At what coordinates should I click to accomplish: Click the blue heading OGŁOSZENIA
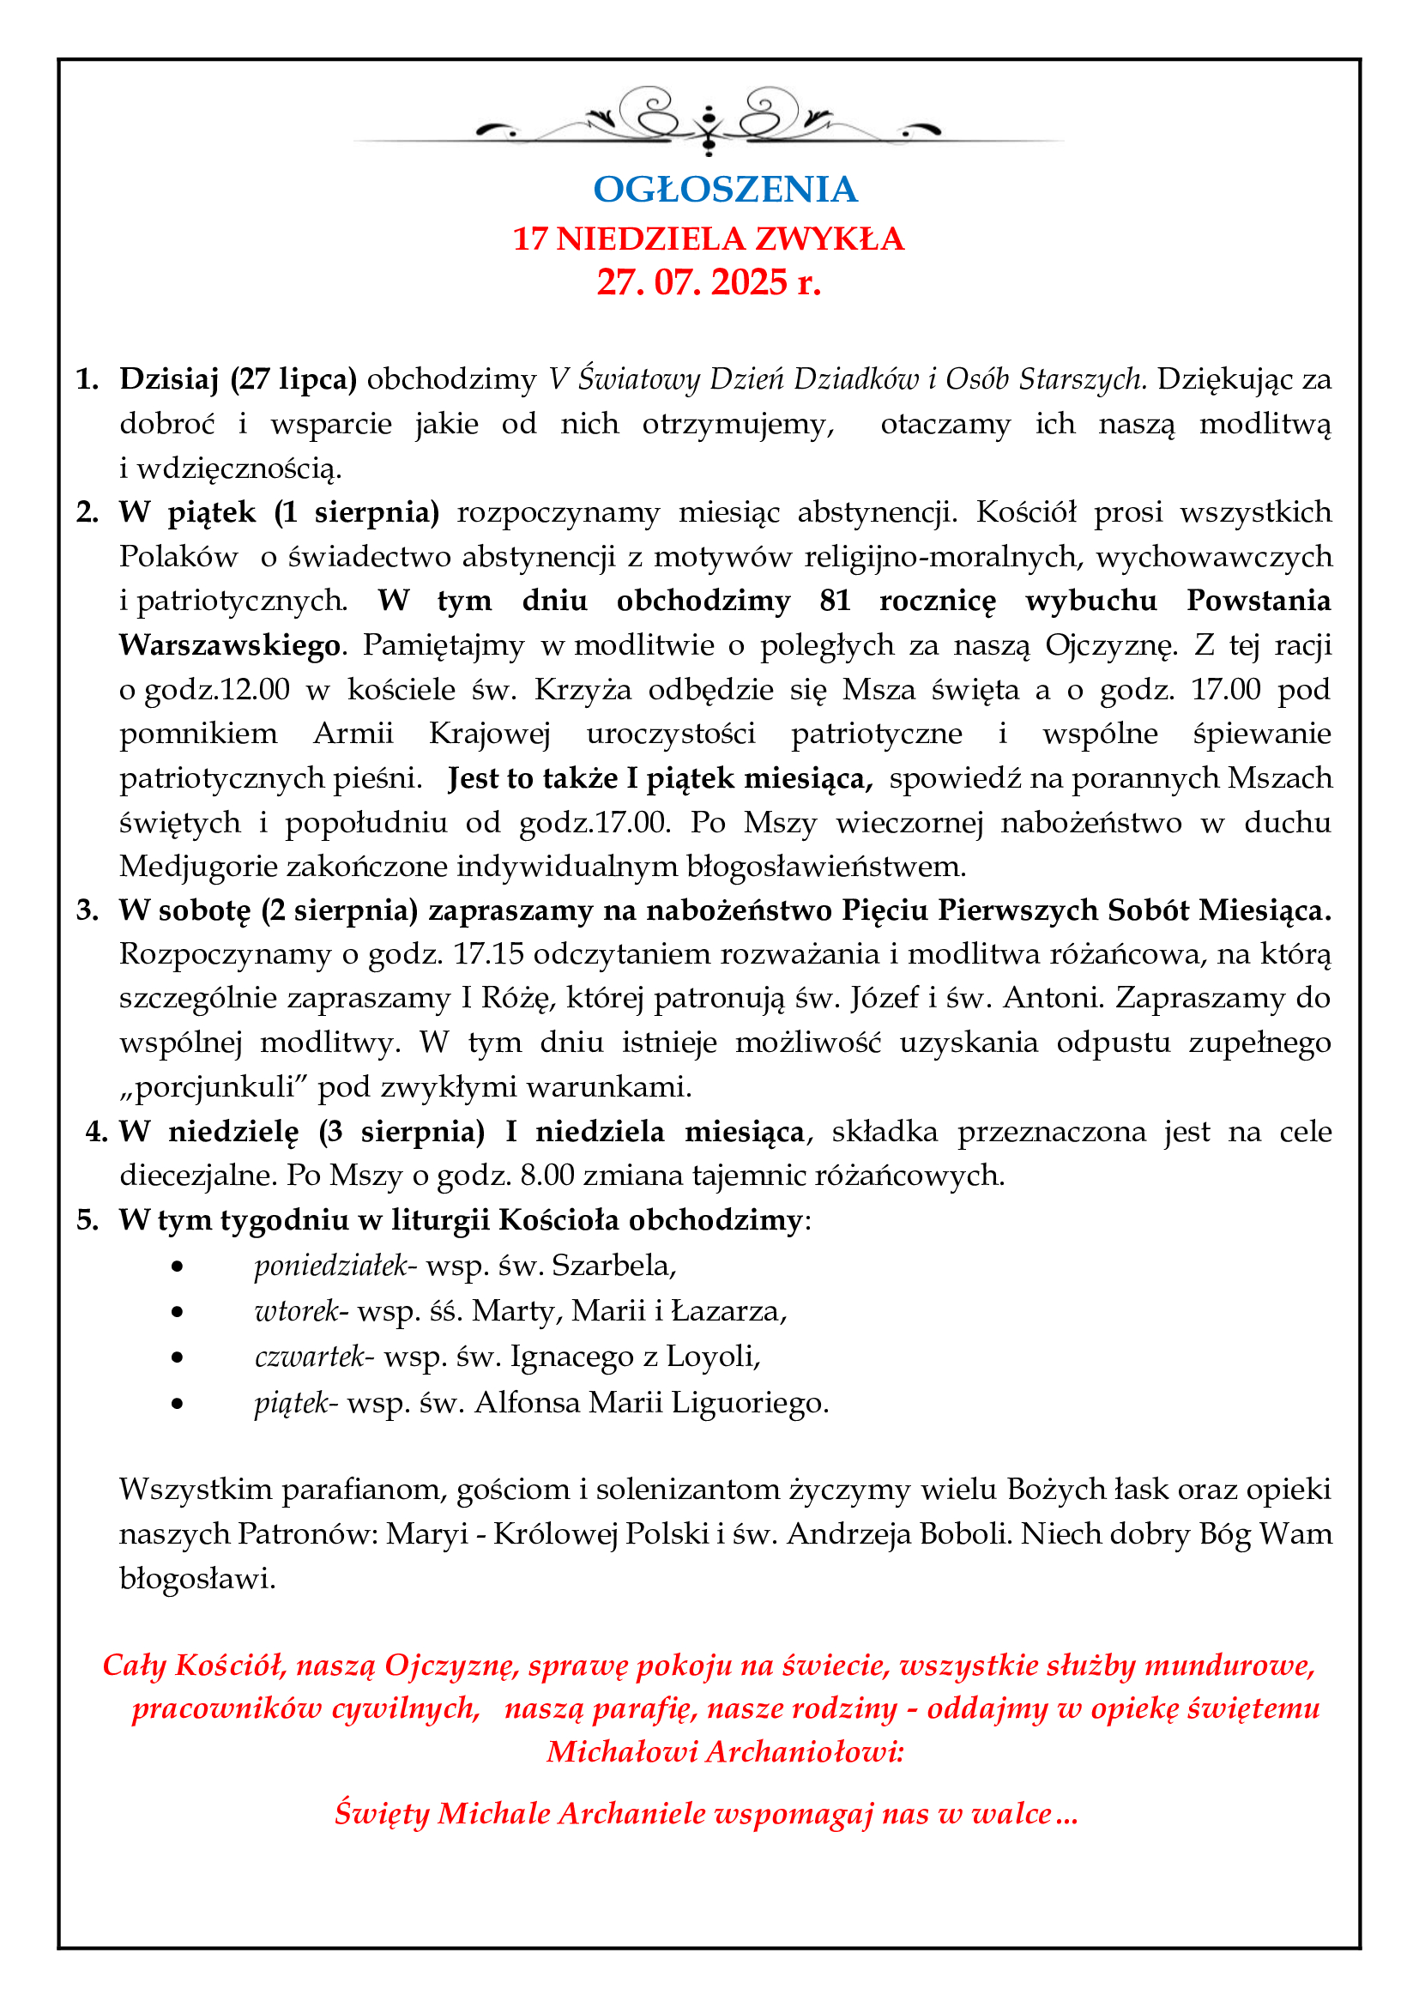click(725, 190)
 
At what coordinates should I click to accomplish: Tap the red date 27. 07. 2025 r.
click(709, 282)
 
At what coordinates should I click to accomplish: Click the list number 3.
click(88, 910)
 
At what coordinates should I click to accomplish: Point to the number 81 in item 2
click(836, 601)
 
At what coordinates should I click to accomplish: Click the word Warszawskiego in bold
click(230, 645)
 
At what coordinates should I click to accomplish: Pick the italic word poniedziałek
click(331, 1265)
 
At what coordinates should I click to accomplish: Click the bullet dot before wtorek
click(178, 1311)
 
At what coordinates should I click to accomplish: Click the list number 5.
click(88, 1219)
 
